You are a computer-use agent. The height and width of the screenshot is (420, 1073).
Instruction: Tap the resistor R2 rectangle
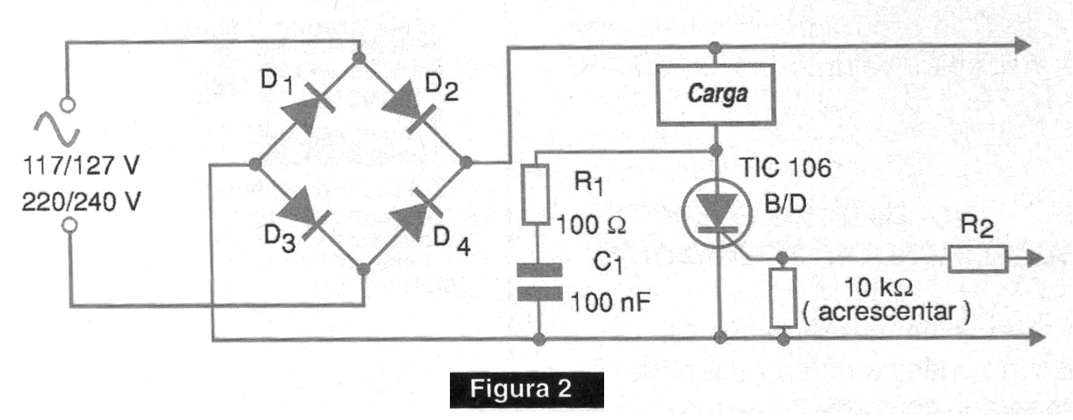(977, 259)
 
